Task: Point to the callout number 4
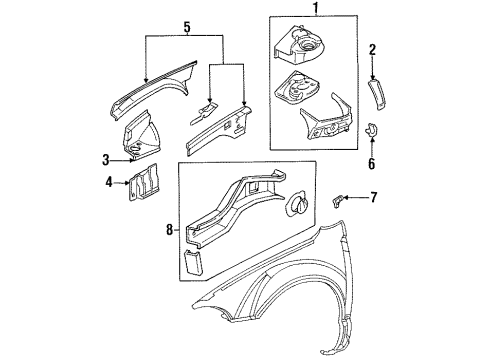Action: (109, 182)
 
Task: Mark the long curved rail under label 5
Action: (150, 92)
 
